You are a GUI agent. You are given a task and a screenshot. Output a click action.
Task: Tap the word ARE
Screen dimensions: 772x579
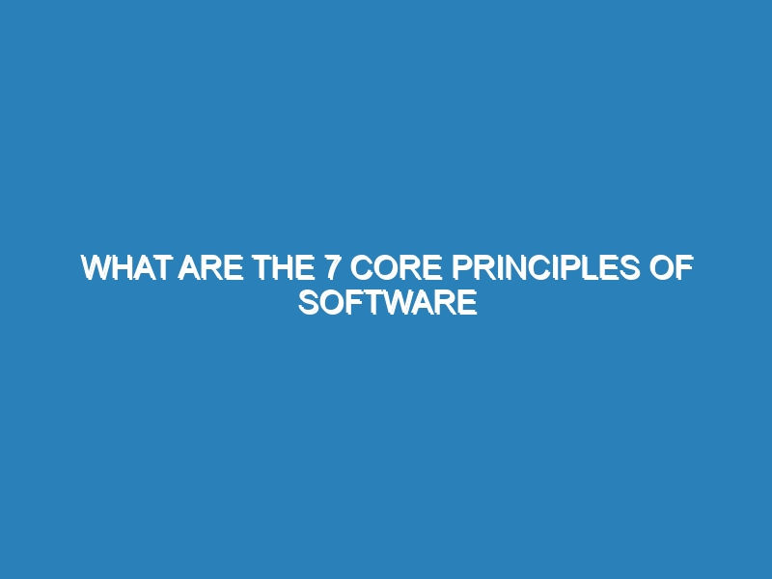click(x=210, y=268)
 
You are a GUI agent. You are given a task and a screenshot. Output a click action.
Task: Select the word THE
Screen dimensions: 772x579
click(x=283, y=268)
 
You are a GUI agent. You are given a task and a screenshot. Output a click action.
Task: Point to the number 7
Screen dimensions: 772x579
click(x=332, y=268)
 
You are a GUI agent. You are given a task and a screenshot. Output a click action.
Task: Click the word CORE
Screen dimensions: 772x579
click(x=396, y=268)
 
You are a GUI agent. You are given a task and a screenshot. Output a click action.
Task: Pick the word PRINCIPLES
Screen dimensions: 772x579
click(x=546, y=268)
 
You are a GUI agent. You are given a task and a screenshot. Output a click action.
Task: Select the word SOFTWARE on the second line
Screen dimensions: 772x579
click(x=388, y=302)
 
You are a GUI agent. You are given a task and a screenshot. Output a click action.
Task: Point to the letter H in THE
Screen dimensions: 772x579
click(x=283, y=268)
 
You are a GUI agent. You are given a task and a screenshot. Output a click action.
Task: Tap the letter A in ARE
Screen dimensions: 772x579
click(x=189, y=268)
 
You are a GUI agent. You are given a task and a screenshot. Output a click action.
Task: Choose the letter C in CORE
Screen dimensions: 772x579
click(x=361, y=268)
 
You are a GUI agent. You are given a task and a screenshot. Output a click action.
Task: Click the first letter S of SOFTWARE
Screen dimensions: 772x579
click(x=309, y=302)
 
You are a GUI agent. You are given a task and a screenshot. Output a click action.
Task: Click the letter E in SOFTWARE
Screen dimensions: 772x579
click(x=467, y=302)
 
